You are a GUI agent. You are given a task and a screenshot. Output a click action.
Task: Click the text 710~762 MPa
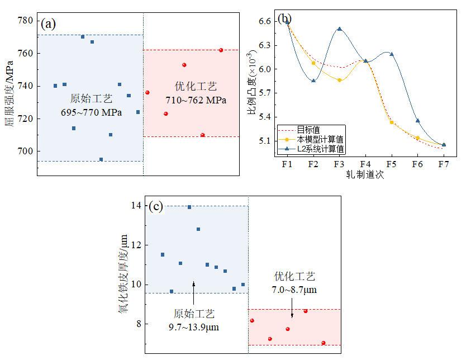(x=196, y=101)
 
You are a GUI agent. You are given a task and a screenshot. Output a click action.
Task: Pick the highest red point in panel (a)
(x=221, y=50)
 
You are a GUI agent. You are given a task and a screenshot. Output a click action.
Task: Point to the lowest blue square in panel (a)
(x=101, y=159)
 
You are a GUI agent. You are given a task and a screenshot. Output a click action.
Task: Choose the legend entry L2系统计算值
(x=321, y=149)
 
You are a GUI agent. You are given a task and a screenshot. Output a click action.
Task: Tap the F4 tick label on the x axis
(x=365, y=164)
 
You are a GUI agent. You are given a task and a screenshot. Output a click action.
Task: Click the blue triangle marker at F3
(x=340, y=29)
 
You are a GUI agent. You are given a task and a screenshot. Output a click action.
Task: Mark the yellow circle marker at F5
(x=392, y=122)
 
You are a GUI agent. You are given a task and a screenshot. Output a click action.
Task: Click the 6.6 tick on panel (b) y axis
(x=265, y=21)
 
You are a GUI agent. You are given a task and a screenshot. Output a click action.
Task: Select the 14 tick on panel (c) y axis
(x=136, y=206)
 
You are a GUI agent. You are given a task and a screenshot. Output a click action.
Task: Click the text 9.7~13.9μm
(x=194, y=326)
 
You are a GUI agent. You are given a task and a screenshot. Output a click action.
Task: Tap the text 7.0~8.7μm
(x=294, y=290)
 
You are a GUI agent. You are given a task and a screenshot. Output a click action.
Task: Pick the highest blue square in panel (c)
(x=189, y=207)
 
